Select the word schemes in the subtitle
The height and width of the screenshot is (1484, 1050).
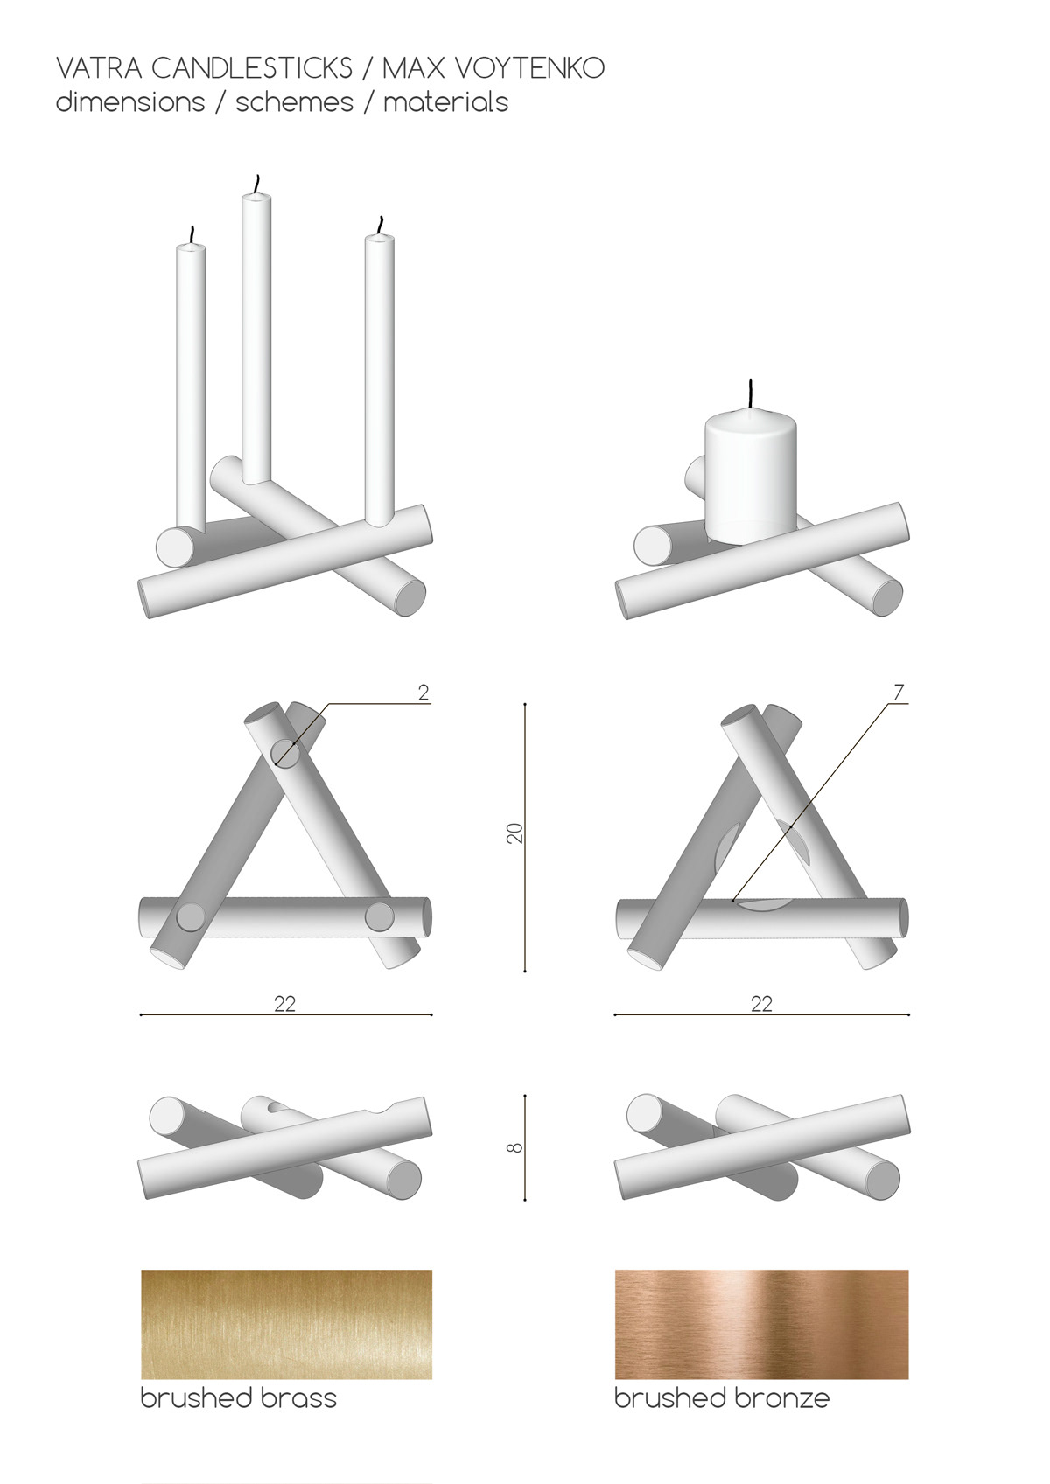click(294, 102)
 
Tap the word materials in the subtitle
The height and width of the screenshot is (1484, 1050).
click(445, 102)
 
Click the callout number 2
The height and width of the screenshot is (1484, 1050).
click(423, 693)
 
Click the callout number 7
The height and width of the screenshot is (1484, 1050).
click(899, 693)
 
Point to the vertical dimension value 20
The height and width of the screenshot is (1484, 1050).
click(515, 833)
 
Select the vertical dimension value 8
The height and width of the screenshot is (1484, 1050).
click(515, 1147)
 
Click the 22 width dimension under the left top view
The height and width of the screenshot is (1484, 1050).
click(285, 1004)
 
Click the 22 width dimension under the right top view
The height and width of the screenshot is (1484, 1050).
click(761, 1004)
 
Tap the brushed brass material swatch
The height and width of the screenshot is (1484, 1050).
click(286, 1324)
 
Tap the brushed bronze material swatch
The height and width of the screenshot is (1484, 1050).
click(761, 1324)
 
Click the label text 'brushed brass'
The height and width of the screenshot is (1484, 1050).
click(238, 1398)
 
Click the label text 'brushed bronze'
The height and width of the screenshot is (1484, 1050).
click(721, 1398)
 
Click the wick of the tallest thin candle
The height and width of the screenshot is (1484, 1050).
click(256, 184)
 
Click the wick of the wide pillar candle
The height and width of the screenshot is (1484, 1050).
click(750, 394)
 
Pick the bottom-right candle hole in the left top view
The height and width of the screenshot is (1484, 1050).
click(379, 916)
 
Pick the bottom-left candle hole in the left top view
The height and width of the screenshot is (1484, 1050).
click(191, 916)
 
